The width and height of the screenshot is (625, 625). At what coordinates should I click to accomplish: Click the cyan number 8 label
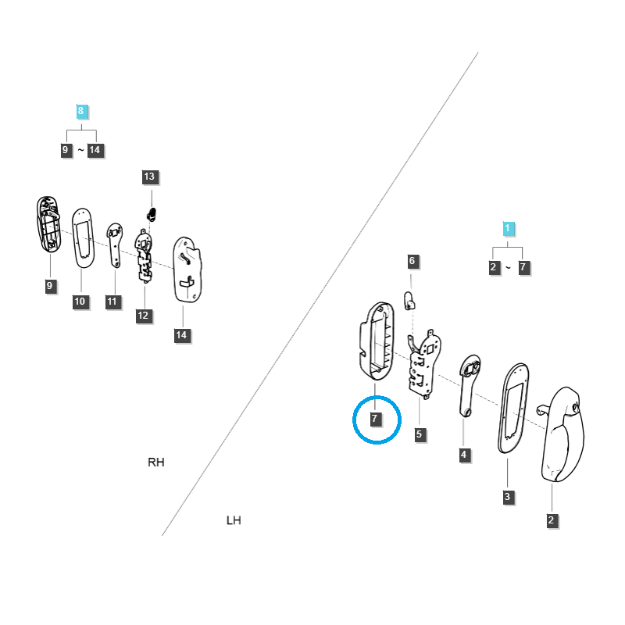point(80,111)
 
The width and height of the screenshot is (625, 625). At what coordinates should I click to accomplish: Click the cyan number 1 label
point(508,228)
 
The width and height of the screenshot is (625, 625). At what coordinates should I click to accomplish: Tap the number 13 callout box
point(149,177)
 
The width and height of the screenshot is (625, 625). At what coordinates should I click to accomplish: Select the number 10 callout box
point(80,302)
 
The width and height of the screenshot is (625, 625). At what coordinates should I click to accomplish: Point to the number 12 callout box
point(143,316)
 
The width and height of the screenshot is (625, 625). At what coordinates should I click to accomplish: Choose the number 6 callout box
point(412,261)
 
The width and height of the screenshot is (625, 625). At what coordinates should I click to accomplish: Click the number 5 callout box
point(420,434)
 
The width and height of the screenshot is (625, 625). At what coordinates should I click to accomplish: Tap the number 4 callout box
point(464,455)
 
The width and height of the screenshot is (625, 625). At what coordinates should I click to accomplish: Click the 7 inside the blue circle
point(375,420)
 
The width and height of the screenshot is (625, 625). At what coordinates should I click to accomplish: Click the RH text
point(156,462)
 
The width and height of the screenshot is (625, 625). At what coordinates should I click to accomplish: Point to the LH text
point(233,520)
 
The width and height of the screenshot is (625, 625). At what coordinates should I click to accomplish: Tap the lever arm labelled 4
point(467,386)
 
